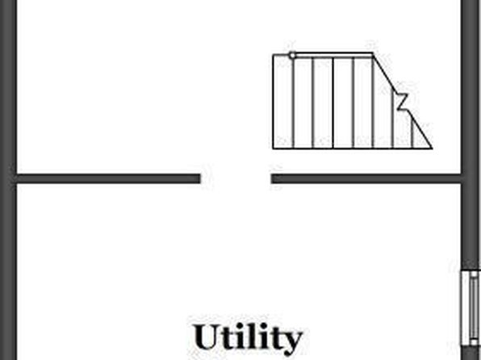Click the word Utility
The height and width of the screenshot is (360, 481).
click(x=249, y=338)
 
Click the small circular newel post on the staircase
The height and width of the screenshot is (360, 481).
click(x=292, y=55)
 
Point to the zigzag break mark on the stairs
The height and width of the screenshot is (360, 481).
click(x=402, y=101)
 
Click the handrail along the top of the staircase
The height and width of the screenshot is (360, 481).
click(x=333, y=55)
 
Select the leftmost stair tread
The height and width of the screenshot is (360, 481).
click(x=282, y=101)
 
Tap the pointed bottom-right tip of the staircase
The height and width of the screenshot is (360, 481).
click(x=433, y=149)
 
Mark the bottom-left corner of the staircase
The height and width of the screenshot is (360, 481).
click(x=273, y=149)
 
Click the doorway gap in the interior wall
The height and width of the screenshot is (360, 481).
click(x=236, y=178)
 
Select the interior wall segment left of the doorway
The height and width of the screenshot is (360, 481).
click(x=108, y=178)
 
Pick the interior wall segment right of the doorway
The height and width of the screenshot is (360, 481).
click(x=366, y=178)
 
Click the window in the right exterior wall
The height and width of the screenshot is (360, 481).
click(x=471, y=308)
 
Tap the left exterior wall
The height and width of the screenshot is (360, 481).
click(x=8, y=180)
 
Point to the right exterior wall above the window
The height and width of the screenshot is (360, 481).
click(x=471, y=135)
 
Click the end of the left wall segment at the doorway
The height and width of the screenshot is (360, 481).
click(x=200, y=178)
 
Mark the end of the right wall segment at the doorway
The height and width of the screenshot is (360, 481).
click(x=271, y=178)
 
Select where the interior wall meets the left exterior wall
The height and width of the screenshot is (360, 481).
click(x=16, y=178)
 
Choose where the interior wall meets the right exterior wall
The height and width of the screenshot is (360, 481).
click(x=462, y=178)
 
